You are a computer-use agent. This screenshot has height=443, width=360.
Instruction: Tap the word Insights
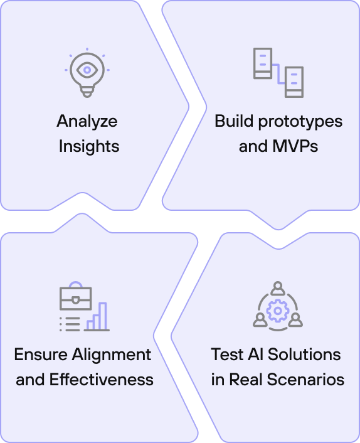tap(89, 146)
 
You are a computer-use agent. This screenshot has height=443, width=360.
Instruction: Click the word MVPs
tap(295, 146)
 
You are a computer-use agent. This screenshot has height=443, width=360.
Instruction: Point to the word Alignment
tap(112, 355)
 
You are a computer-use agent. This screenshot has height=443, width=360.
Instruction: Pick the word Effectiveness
tap(102, 380)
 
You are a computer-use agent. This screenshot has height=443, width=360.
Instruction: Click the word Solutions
tap(304, 355)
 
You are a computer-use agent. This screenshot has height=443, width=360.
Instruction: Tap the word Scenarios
tap(305, 380)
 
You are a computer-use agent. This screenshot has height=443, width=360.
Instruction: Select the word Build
tap(234, 121)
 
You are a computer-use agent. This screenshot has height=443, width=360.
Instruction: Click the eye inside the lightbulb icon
tap(87, 70)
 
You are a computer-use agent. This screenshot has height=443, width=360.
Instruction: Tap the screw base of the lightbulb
tap(87, 92)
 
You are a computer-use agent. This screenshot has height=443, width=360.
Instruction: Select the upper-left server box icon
tap(263, 63)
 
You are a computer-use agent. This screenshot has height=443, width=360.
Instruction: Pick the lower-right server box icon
tap(294, 82)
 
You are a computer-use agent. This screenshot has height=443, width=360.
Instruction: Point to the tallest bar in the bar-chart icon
tap(103, 316)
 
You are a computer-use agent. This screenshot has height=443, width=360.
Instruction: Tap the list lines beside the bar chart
tap(70, 324)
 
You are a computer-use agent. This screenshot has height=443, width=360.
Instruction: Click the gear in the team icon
tap(278, 311)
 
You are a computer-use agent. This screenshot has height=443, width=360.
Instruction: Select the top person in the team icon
tap(278, 289)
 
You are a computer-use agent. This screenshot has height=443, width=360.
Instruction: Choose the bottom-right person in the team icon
tap(295, 319)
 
